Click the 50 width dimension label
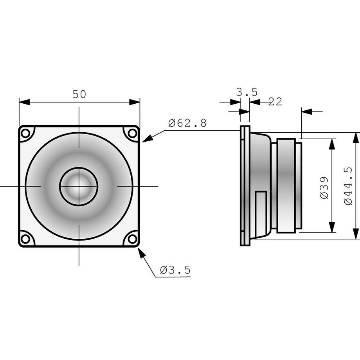point(79,94)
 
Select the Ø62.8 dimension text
point(187,123)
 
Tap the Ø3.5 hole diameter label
point(175,270)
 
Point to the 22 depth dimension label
point(275,102)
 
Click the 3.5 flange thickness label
point(247,92)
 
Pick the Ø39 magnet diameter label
point(324,188)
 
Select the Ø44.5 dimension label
point(348,186)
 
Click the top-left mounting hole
point(25,133)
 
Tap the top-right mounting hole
point(133,133)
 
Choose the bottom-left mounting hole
point(25,238)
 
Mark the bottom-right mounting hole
point(133,238)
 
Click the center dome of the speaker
point(79,186)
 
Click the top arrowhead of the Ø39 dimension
point(332,144)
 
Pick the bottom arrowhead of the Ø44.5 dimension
point(355,234)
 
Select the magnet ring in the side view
point(286,186)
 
